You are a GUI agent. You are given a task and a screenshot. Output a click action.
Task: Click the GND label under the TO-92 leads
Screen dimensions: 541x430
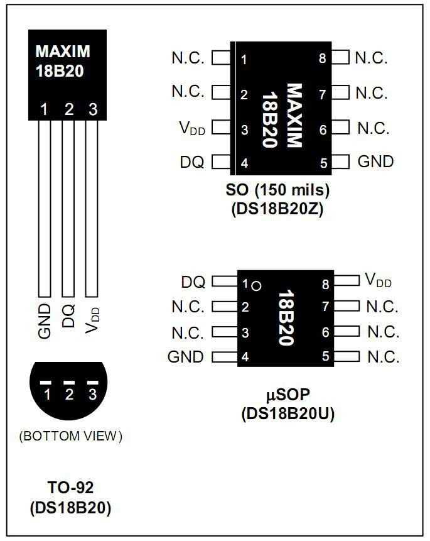pyautogui.click(x=44, y=321)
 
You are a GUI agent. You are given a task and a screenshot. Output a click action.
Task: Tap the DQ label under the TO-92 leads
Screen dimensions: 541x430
pyautogui.click(x=68, y=316)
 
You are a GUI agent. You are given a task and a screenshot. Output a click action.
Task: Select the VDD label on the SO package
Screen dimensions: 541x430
pyautogui.click(x=193, y=128)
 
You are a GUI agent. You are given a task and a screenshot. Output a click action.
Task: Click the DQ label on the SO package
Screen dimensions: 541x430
pyautogui.click(x=191, y=162)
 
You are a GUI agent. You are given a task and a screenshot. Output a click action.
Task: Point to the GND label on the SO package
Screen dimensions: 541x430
pyautogui.click(x=375, y=161)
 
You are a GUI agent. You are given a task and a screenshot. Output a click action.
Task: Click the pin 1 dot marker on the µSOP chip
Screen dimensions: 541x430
pyautogui.click(x=255, y=286)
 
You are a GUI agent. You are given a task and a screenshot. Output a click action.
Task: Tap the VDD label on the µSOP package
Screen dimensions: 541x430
pyautogui.click(x=378, y=280)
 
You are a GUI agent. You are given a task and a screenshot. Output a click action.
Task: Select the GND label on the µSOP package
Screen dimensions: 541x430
pyautogui.click(x=186, y=357)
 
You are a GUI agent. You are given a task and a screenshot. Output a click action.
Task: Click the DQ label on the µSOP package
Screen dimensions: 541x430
pyautogui.click(x=193, y=282)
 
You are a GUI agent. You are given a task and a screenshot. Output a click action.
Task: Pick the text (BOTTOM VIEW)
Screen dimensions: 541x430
pyautogui.click(x=70, y=435)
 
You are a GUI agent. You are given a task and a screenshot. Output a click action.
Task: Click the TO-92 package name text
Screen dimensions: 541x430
pyautogui.click(x=70, y=488)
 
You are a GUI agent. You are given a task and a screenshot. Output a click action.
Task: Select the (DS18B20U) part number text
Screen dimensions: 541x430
pyautogui.click(x=287, y=414)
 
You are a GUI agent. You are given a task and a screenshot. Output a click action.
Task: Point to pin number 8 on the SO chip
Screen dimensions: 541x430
pyautogui.click(x=322, y=58)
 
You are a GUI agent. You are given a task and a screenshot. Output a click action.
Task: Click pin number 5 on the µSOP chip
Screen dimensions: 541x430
pyautogui.click(x=325, y=356)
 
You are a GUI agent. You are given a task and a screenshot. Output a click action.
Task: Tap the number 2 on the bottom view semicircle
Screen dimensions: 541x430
pyautogui.click(x=69, y=395)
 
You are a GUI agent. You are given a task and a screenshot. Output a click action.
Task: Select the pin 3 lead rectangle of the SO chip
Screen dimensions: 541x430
pyautogui.click(x=221, y=128)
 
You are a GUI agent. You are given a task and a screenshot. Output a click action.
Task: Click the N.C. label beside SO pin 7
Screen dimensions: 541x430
pyautogui.click(x=372, y=94)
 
